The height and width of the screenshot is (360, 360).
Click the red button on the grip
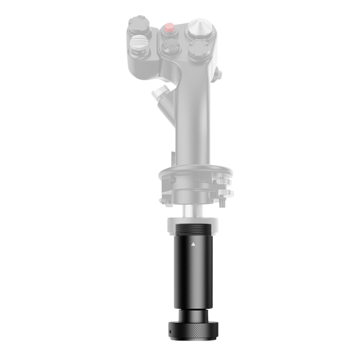(170, 27)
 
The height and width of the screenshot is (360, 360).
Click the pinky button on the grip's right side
(219, 72)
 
